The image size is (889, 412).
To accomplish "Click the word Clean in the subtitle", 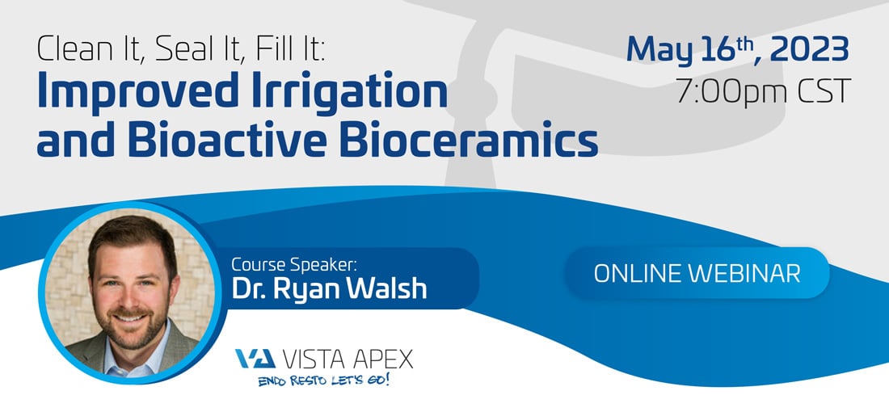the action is (72, 50).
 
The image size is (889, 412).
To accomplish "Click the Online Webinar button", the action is (697, 273).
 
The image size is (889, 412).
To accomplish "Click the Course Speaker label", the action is (297, 264).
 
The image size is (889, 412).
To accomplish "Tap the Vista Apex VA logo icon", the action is (255, 359).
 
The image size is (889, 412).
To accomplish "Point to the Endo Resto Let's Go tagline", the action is (324, 380).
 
